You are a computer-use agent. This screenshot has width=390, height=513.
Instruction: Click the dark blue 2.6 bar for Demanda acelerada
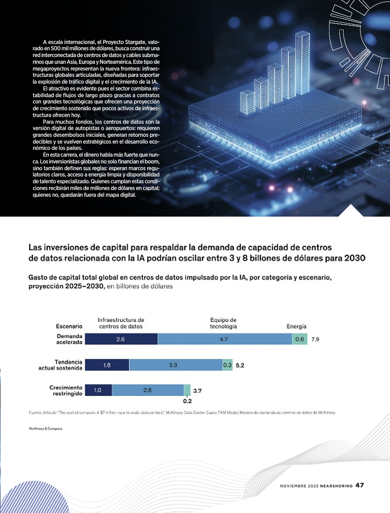(x=121, y=339)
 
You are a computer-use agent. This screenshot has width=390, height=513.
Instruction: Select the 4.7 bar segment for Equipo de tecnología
(x=225, y=339)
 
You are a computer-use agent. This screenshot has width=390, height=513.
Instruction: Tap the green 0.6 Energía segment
(x=300, y=339)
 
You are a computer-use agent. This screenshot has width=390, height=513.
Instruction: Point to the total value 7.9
(x=315, y=339)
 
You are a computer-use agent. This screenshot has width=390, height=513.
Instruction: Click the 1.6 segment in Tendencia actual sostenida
(x=107, y=365)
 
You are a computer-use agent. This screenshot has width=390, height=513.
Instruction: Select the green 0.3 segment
(x=227, y=365)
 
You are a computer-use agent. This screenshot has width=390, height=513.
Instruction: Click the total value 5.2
(x=240, y=366)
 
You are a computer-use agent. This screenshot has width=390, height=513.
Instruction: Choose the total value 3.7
(x=197, y=391)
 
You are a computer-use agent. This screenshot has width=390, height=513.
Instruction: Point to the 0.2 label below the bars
(x=187, y=401)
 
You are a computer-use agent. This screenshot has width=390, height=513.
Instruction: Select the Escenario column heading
(x=69, y=326)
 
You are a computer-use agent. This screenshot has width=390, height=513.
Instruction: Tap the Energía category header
(x=297, y=326)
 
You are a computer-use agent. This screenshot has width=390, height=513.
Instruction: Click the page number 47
(x=360, y=485)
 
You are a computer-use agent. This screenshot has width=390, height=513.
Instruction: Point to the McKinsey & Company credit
(x=45, y=428)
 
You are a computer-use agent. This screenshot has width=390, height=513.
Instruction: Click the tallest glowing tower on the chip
(x=302, y=64)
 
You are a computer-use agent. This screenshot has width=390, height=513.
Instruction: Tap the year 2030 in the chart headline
(x=355, y=258)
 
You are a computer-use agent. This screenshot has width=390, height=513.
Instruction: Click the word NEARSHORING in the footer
(x=336, y=486)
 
